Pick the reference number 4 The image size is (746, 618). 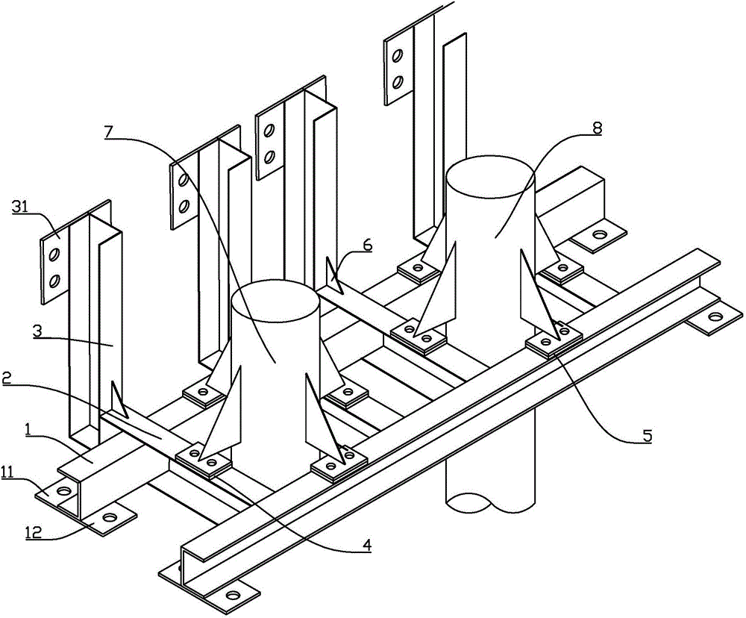pyautogui.click(x=364, y=546)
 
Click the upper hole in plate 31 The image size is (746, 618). pyautogui.click(x=54, y=255)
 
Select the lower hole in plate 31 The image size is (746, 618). pyautogui.click(x=54, y=281)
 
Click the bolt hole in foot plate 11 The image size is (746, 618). pyautogui.click(x=63, y=491)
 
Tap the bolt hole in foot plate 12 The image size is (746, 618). pyautogui.click(x=109, y=516)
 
